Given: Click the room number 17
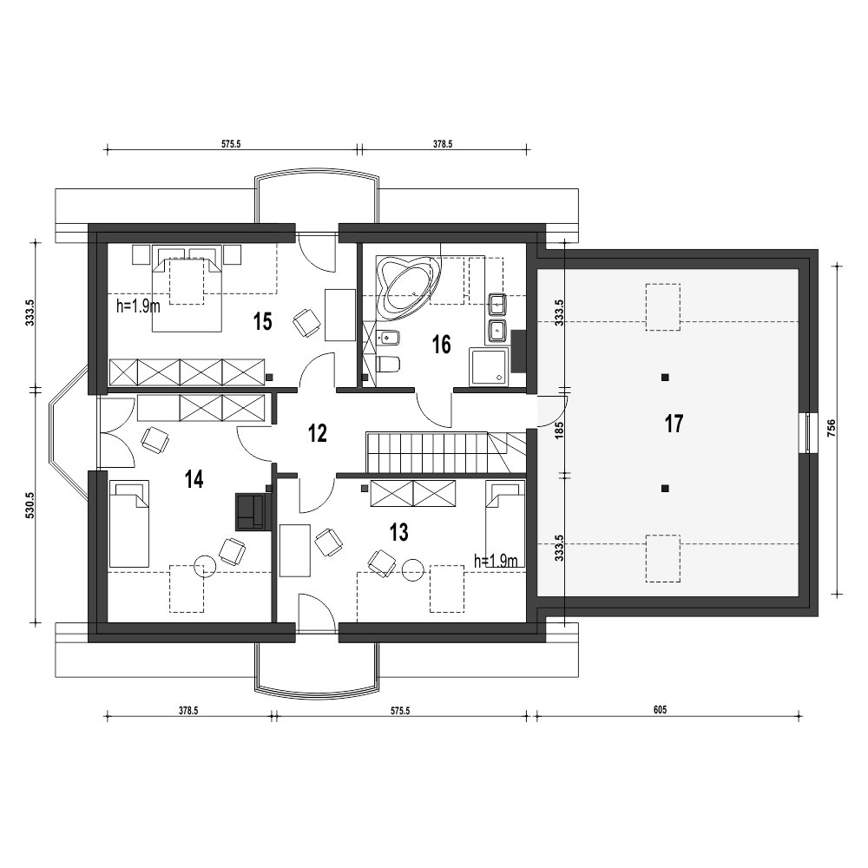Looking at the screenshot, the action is point(674,424).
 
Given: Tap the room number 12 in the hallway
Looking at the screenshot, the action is point(317,433).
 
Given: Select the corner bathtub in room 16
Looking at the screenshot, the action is point(405,286).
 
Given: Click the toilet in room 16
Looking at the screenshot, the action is point(387,365).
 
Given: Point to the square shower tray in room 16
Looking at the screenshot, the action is point(488,366).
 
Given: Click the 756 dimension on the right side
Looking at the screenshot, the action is point(831,429).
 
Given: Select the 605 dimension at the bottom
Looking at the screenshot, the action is point(660,710).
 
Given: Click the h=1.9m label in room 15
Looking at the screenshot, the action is point(138,306).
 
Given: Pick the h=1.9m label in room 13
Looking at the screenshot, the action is point(496,561).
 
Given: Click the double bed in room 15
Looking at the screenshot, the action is point(187,289).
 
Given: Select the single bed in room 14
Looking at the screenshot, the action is point(129,523).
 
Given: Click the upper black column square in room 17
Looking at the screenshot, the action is point(666,378).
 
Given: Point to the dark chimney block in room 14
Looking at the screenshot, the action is point(253,512).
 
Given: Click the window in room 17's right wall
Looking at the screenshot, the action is point(808,433).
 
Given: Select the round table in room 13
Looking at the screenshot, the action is point(412,570).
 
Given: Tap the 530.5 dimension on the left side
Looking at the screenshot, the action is point(30,505).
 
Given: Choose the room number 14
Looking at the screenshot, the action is point(194,479).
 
